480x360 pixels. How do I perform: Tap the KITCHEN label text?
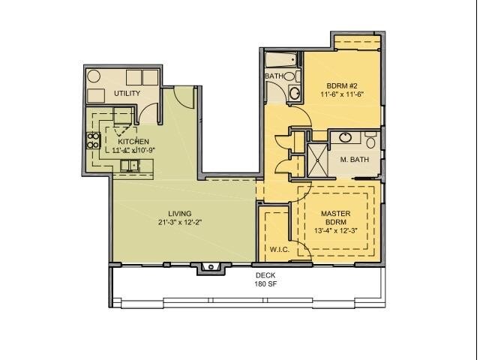pos(132,141)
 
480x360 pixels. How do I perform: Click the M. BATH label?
pos(353,159)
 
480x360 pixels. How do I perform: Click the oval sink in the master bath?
pos(346,138)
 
